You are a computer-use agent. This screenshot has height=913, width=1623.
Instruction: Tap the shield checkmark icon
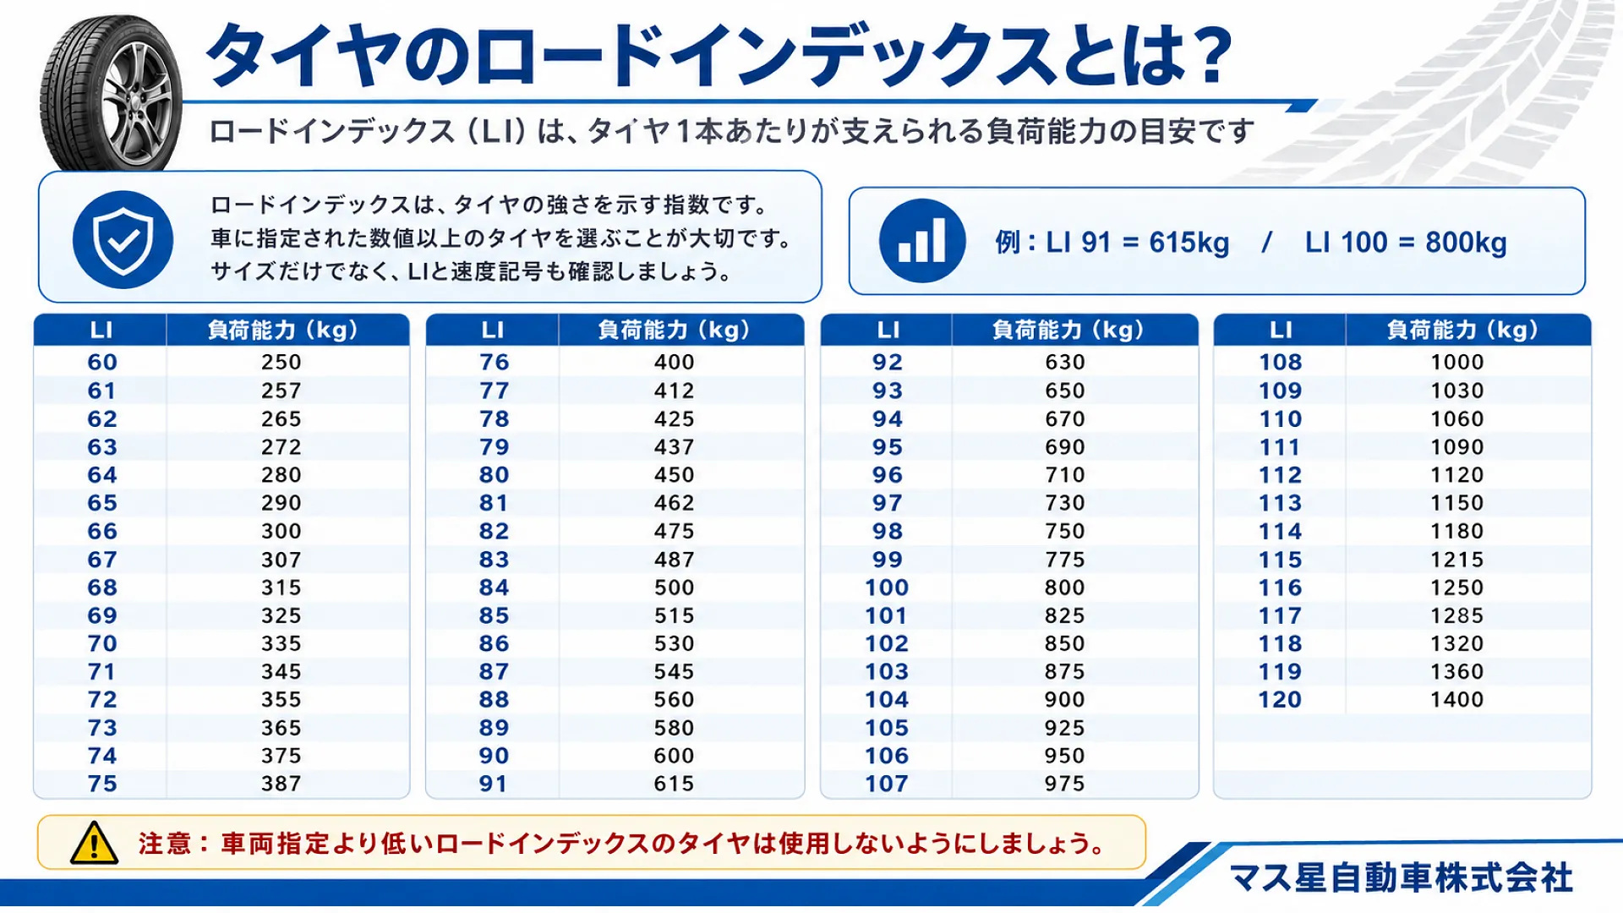[123, 240]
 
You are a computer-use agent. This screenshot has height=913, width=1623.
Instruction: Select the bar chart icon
[922, 241]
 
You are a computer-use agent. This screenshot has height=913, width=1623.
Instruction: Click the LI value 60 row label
[102, 362]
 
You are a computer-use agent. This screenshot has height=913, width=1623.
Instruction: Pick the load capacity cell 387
[281, 784]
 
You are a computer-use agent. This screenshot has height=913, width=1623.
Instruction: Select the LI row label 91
[494, 784]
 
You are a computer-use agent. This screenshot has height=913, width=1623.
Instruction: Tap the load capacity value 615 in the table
[674, 784]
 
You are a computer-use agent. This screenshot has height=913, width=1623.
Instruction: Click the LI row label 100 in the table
[887, 588]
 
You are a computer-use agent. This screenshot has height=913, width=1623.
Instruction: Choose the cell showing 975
[1064, 784]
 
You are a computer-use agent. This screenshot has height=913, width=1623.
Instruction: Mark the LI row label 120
[1280, 700]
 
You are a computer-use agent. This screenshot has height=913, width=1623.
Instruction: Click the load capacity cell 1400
[1457, 700]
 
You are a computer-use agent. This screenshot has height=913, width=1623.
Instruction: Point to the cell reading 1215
[1457, 560]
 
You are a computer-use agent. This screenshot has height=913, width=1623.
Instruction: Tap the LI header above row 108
[1281, 330]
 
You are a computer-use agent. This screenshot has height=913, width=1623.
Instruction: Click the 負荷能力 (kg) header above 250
[283, 330]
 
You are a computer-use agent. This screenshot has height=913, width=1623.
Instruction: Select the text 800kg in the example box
[1466, 243]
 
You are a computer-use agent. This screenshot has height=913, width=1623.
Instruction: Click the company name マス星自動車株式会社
[1402, 878]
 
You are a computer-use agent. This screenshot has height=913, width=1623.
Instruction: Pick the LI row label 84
[494, 588]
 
